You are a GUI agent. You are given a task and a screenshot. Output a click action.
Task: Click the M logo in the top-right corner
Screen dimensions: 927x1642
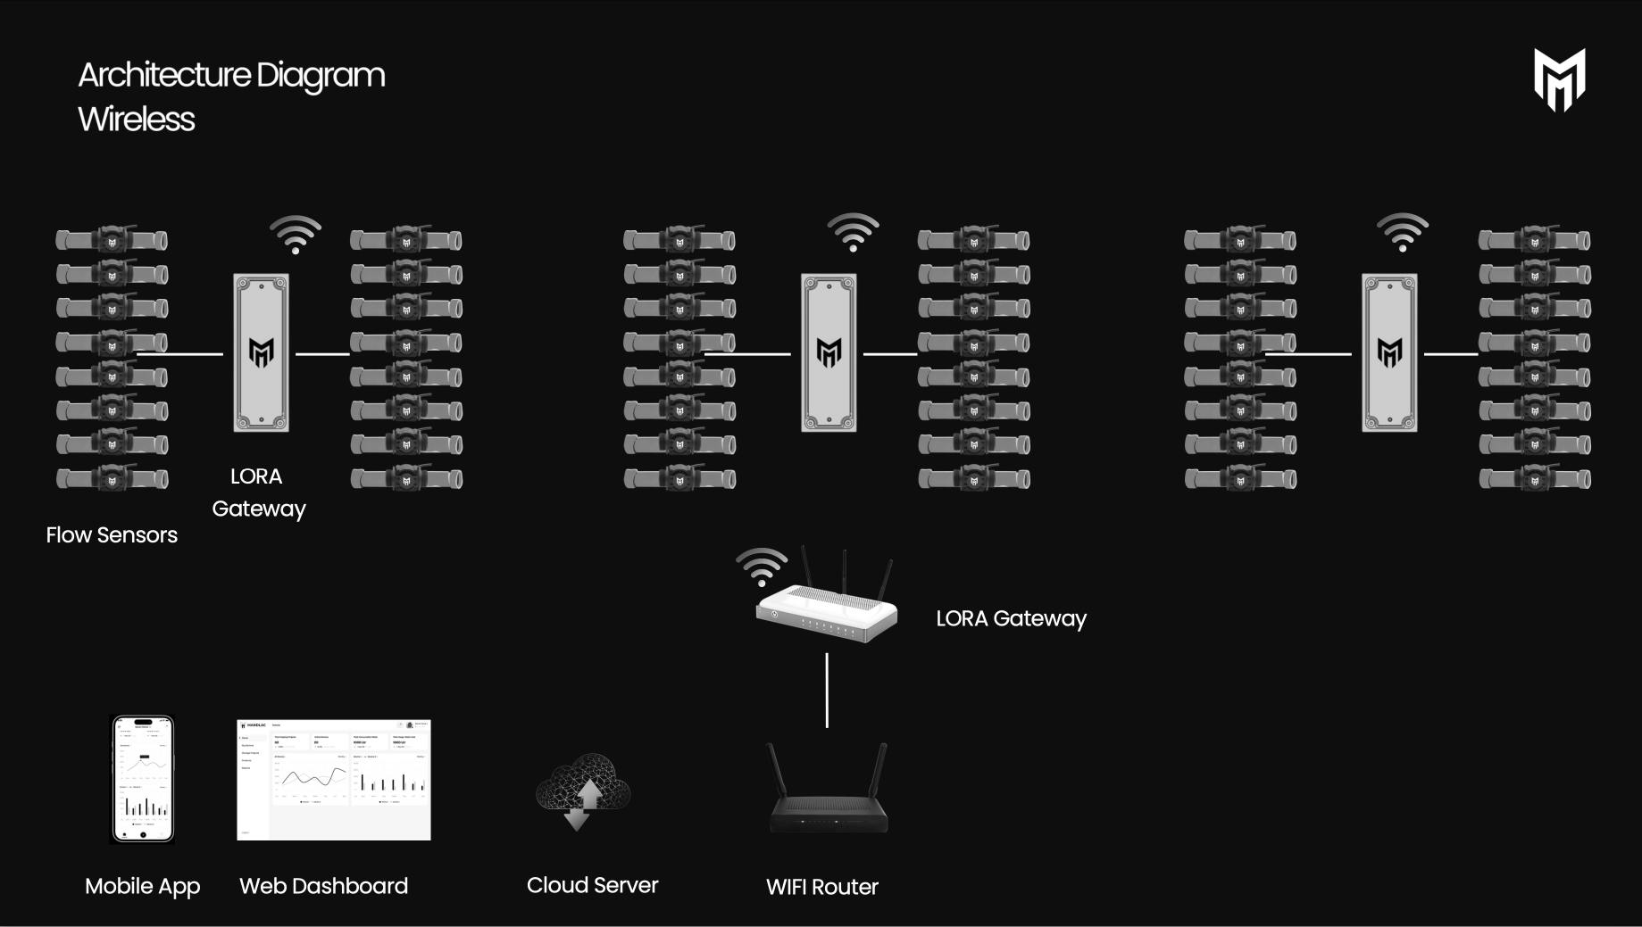(1559, 80)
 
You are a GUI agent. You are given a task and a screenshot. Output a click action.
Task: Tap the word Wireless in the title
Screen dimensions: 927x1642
(137, 119)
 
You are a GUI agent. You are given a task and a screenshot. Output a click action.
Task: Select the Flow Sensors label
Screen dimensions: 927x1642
(112, 535)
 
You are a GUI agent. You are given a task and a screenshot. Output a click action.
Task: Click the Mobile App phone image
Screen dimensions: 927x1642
(142, 779)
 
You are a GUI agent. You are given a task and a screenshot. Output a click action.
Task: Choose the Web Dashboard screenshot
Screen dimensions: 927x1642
(333, 779)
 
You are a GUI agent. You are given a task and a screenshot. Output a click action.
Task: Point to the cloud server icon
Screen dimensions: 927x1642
(583, 790)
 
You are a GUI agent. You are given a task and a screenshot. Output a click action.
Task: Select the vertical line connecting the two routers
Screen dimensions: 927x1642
(827, 690)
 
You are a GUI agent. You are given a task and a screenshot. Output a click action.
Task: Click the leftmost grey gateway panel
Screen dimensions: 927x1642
(261, 353)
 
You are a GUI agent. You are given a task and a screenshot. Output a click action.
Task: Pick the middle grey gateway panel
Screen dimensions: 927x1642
(829, 353)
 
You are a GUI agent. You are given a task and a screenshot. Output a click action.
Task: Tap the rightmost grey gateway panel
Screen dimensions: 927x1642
(1389, 353)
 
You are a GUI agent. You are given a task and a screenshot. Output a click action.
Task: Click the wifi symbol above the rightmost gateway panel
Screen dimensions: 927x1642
(1403, 233)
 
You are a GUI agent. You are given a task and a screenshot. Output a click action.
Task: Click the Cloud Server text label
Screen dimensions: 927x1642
(592, 885)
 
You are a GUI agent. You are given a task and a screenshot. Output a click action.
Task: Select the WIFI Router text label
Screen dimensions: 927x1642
(822, 887)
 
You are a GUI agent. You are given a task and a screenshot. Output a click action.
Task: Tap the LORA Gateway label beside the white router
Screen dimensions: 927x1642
(1011, 618)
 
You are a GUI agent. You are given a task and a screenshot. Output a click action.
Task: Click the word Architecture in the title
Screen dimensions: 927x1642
(164, 75)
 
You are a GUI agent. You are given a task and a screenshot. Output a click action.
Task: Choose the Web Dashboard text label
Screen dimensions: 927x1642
(323, 886)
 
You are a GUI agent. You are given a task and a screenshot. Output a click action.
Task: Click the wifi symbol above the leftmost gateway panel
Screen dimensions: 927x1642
(296, 235)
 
